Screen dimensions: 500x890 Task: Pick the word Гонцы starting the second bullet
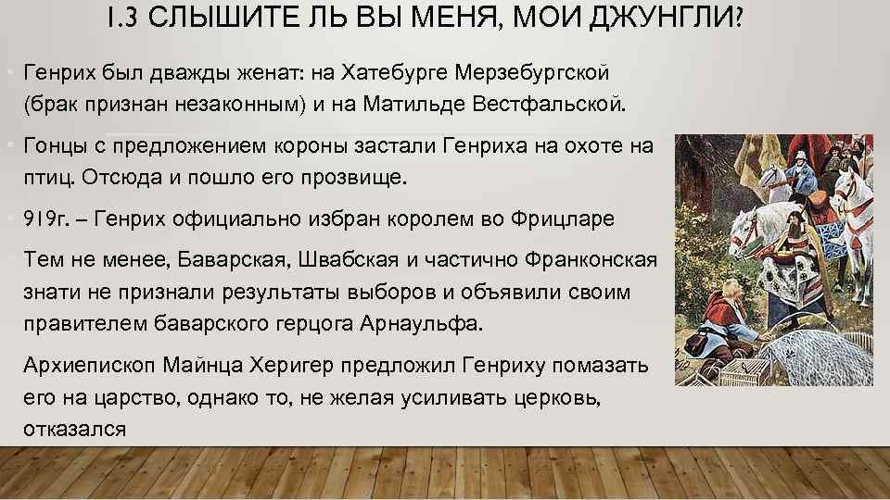coord(57,145)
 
